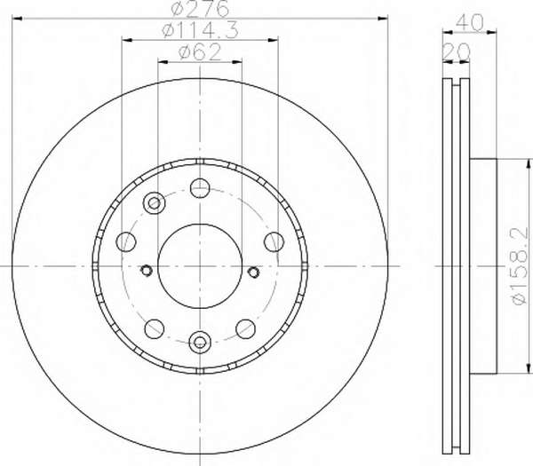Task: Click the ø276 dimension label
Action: [200, 9]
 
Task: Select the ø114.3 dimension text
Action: [201, 30]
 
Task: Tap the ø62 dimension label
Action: [200, 52]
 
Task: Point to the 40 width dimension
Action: [469, 23]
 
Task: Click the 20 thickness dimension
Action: [457, 52]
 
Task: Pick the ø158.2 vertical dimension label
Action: [520, 266]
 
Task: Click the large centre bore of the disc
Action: [200, 266]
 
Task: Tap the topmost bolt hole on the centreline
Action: [200, 188]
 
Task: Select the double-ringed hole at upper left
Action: [155, 203]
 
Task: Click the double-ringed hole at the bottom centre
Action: [200, 342]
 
